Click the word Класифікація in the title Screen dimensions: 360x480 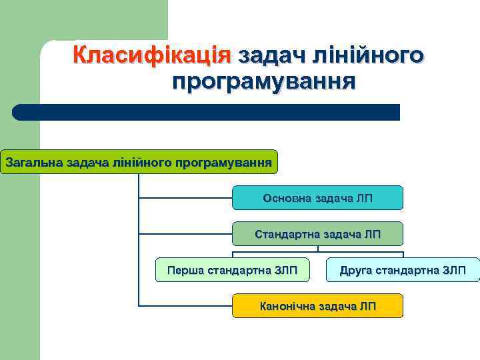pyautogui.click(x=152, y=54)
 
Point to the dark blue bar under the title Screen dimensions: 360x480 pyautogui.click(x=207, y=112)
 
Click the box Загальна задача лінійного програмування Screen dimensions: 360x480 pyautogui.click(x=139, y=162)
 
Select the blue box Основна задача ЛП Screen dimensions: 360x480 pyautogui.click(x=317, y=198)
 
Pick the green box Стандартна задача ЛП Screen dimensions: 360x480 pyautogui.click(x=317, y=234)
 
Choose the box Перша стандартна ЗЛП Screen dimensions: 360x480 pyautogui.click(x=232, y=270)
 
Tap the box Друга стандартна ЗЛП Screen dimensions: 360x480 pyautogui.click(x=403, y=270)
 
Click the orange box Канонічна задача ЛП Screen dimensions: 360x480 pyautogui.click(x=317, y=306)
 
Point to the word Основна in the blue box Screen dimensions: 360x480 pyautogui.click(x=286, y=198)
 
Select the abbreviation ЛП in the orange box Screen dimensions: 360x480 pyautogui.click(x=367, y=306)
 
